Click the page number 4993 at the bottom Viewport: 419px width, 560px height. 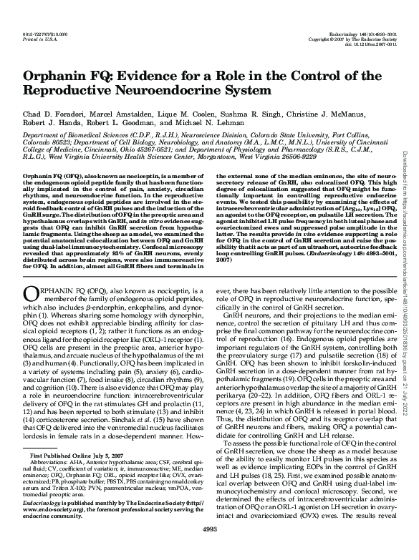tap(209, 548)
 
